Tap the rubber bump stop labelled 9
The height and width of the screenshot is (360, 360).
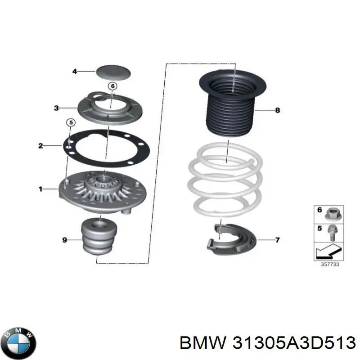pyautogui.click(x=99, y=238)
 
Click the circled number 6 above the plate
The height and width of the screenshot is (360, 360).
pyautogui.click(x=112, y=86)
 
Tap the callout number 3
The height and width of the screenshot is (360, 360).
pyautogui.click(x=56, y=108)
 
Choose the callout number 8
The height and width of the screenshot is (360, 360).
pyautogui.click(x=277, y=110)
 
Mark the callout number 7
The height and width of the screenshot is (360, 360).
pyautogui.click(x=277, y=240)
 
